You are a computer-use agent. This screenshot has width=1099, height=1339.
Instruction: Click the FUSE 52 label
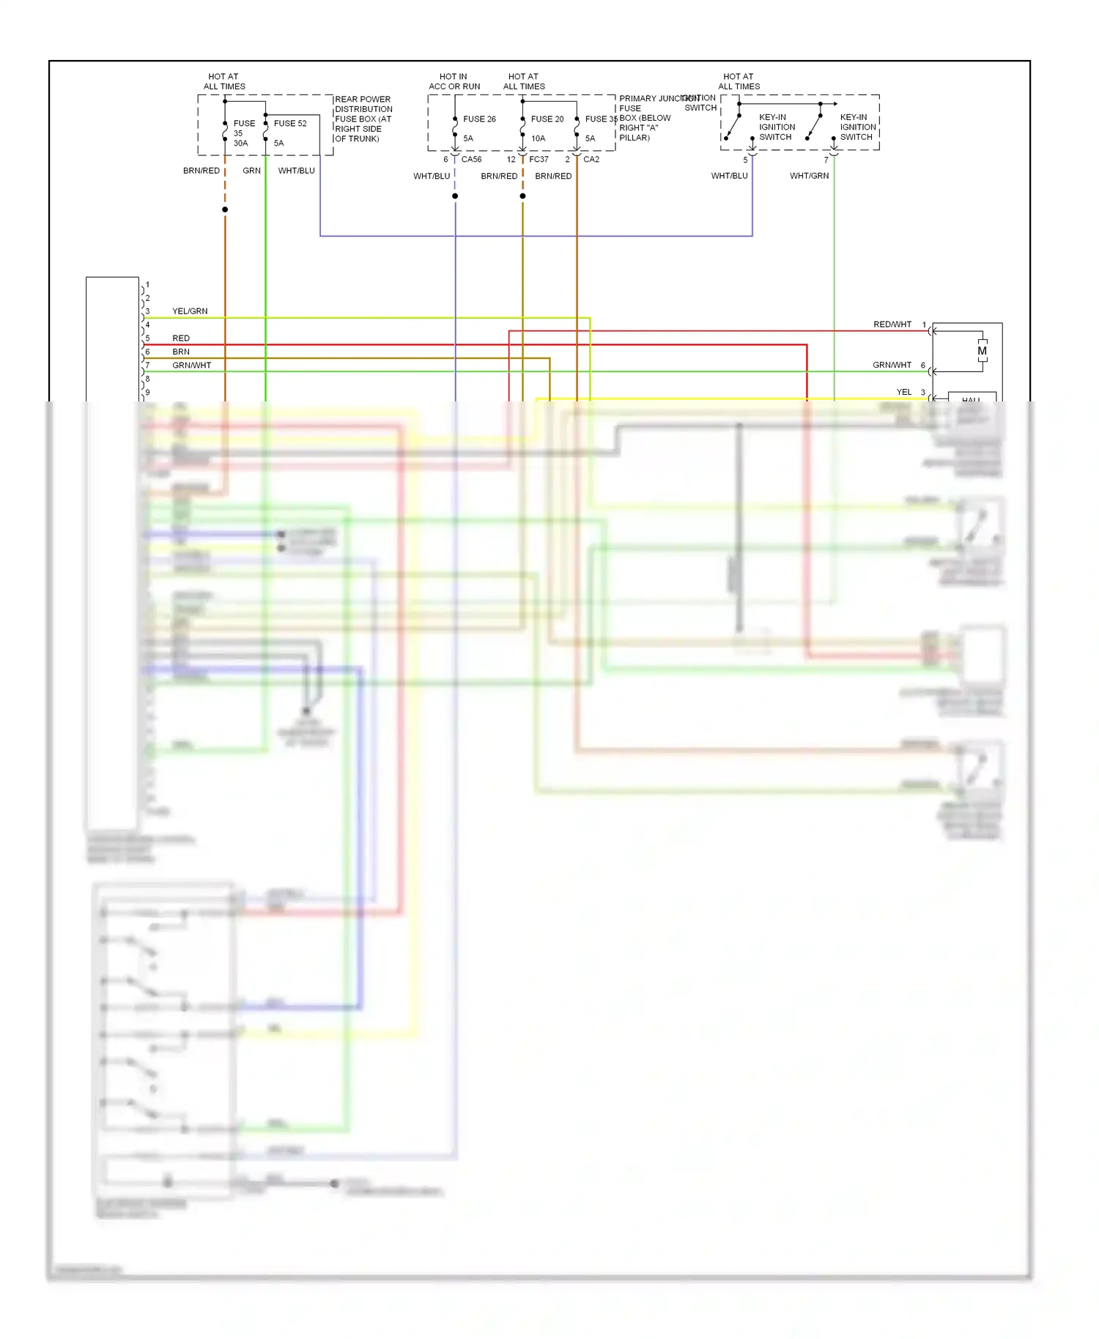[x=290, y=123]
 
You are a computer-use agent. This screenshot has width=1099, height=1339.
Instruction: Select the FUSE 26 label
[x=479, y=119]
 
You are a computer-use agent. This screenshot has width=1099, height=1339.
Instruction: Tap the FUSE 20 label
[x=547, y=119]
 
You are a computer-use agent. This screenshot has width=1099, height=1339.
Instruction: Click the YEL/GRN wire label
[x=190, y=311]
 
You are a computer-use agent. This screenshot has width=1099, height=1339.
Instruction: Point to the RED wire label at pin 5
[x=181, y=338]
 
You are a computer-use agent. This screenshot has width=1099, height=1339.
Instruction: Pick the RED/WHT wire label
[x=892, y=324]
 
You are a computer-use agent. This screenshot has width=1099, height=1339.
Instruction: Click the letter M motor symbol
[x=982, y=351]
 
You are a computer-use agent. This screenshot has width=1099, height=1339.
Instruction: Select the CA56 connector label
[x=471, y=159]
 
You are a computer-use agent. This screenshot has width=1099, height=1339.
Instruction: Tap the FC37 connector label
[x=539, y=159]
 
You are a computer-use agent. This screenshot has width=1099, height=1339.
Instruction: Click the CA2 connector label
[x=591, y=159]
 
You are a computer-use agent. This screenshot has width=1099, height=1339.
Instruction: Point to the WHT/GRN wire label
[x=809, y=176]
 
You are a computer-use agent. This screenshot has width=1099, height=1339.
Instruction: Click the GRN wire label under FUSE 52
[x=251, y=171]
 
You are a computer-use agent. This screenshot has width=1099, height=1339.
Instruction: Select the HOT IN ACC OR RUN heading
[x=454, y=81]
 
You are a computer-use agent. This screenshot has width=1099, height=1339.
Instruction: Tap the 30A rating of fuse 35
[x=240, y=144]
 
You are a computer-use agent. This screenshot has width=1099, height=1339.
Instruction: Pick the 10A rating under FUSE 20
[x=538, y=138]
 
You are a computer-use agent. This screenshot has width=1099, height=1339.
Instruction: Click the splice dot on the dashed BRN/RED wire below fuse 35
[x=225, y=209]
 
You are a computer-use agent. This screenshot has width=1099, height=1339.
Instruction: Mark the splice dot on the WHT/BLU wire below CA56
[x=455, y=196]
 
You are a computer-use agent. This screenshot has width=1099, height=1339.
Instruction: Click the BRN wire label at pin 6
[x=181, y=352]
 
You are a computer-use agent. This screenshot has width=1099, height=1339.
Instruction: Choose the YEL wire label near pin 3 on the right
[x=904, y=392]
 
